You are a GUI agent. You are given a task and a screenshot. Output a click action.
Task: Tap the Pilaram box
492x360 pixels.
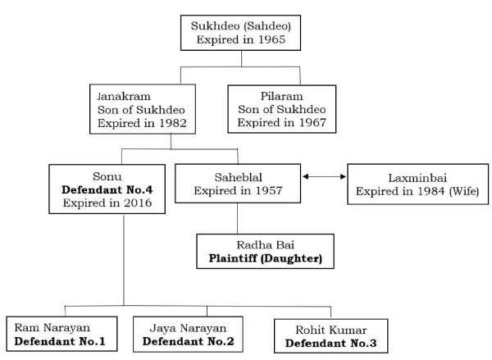(x=281, y=109)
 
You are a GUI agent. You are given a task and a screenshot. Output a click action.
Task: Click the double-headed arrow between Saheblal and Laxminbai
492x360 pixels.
(x=323, y=176)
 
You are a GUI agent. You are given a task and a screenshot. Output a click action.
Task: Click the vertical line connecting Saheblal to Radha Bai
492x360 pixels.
(x=237, y=220)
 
